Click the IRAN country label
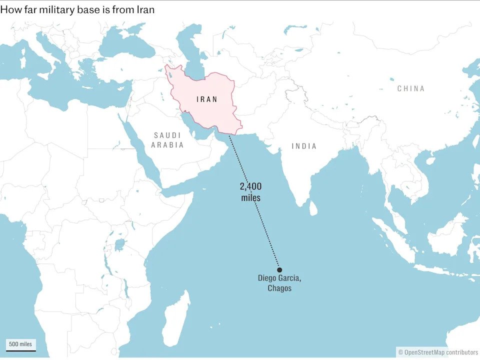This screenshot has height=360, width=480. coord(207,99)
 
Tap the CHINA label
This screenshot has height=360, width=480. coord(411,88)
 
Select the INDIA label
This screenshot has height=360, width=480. coord(304,146)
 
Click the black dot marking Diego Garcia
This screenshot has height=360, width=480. coord(279,269)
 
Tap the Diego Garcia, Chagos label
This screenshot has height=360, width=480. coord(279,283)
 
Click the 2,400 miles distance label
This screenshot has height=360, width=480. coord(250,192)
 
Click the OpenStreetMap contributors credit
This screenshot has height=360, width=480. coord(438,352)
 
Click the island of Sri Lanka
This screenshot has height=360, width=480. coord(313,207)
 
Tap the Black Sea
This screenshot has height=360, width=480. coord(122,47)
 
